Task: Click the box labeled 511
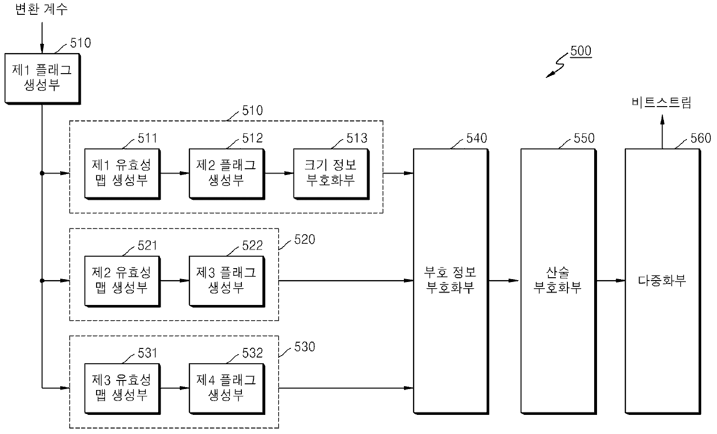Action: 122,174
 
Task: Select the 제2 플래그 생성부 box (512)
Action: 227,174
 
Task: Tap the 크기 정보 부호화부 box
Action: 331,174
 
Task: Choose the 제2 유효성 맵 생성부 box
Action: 122,282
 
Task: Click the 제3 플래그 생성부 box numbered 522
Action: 227,282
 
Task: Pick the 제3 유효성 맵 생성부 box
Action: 122,389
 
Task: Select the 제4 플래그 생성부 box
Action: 227,389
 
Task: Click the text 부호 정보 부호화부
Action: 450,280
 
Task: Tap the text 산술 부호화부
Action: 557,280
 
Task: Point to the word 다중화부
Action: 662,281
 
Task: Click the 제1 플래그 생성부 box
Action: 42,79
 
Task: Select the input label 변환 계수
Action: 41,9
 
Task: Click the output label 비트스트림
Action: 662,102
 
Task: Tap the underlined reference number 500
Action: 581,51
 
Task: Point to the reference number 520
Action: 305,239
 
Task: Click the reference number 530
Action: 305,347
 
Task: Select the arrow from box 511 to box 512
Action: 175,173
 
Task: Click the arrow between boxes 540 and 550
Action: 503,281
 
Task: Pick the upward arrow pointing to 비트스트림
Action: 662,131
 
